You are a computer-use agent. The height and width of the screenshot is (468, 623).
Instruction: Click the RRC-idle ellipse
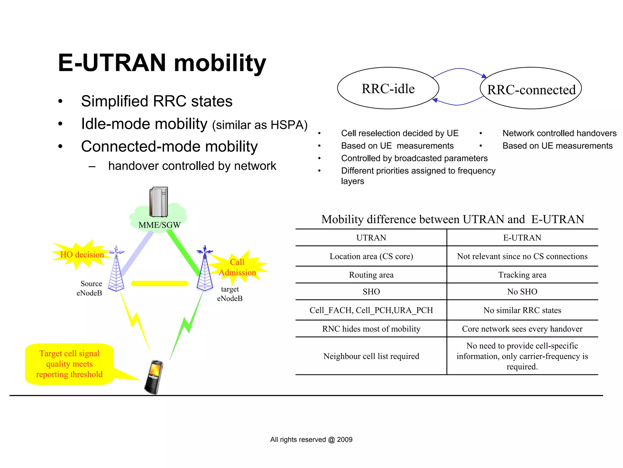(x=388, y=88)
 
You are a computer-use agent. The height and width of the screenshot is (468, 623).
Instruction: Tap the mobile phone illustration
(x=154, y=377)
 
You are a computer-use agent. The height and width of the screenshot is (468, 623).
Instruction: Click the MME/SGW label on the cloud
(x=159, y=225)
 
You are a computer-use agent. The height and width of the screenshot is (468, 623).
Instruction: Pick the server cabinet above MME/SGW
(x=158, y=202)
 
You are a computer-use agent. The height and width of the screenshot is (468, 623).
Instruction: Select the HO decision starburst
(x=82, y=255)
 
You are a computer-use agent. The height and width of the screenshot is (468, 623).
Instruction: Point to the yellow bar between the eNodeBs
(x=160, y=283)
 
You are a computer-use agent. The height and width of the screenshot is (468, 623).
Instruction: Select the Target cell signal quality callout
(x=69, y=364)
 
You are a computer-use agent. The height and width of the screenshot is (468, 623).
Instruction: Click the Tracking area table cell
(x=522, y=275)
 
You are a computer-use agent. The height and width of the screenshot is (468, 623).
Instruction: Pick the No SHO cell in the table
(x=522, y=292)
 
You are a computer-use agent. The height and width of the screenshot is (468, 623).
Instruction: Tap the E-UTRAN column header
(x=522, y=238)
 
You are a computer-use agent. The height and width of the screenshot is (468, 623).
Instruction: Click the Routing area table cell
(x=371, y=275)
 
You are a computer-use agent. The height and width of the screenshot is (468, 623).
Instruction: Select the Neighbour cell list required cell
(x=371, y=356)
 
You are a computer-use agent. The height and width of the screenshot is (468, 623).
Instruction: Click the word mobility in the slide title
(x=220, y=63)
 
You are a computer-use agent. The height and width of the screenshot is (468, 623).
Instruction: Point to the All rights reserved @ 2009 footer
(x=311, y=439)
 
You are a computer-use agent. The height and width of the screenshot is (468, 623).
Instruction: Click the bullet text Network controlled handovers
(x=559, y=133)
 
